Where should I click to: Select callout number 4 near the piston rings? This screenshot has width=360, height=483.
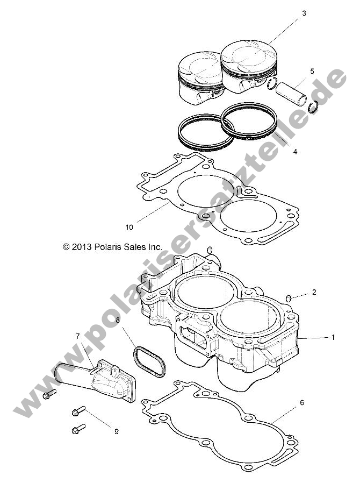[x=295, y=152]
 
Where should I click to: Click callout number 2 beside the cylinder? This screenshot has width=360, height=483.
[x=314, y=292]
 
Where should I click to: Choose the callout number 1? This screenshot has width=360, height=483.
[x=333, y=337]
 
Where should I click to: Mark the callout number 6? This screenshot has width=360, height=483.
[x=302, y=402]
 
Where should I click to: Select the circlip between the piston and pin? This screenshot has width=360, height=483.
[x=272, y=84]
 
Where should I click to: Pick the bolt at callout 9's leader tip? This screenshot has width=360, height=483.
[x=78, y=411]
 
